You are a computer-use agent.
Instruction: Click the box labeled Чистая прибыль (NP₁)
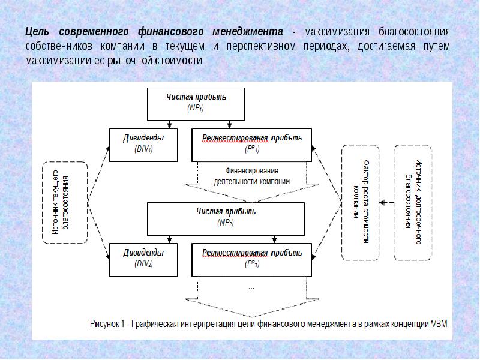[x=197, y=103]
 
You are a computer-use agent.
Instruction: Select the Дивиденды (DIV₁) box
[x=143, y=144]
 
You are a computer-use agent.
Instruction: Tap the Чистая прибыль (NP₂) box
[x=227, y=217]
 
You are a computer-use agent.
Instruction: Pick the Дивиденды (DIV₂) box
[x=143, y=259]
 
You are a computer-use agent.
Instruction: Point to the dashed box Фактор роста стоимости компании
[x=360, y=202]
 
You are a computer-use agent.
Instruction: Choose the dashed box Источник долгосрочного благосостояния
[x=413, y=202]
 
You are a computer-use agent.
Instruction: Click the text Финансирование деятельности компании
[x=253, y=175]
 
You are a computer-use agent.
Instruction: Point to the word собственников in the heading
[x=59, y=46]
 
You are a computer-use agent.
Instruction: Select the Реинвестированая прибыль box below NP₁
[x=251, y=144]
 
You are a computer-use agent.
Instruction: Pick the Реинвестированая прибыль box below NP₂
[x=251, y=259]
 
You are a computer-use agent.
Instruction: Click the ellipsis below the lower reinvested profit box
[x=251, y=287]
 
